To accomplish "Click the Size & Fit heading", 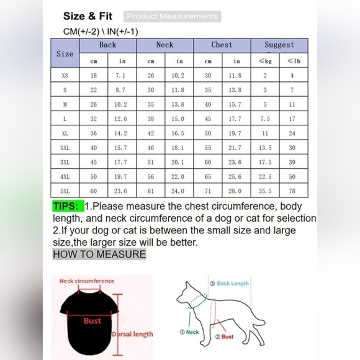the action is coord(88,16).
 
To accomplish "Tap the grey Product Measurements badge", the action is coord(172,17).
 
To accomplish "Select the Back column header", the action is coord(107,45).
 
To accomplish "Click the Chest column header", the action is coord(222,45).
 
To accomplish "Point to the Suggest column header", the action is coord(279,45).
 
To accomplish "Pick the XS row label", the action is coord(65,76).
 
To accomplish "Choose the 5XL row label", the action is coord(65,191).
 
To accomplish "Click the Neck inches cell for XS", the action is coord(179,76).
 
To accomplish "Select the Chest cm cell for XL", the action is coord(208,133).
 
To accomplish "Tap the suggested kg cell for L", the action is coord(265,119).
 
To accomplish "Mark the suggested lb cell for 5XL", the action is coord(292,191).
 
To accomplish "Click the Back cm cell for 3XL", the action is coord(94,163).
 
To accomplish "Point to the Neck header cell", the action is coord(164,45).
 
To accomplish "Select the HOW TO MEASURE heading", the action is coord(99,254).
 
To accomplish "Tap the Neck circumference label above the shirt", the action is coord(87,281).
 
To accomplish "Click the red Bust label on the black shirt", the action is coord(92,321).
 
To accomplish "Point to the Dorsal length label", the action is coord(133,335).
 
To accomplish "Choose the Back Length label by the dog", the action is coord(233,284).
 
